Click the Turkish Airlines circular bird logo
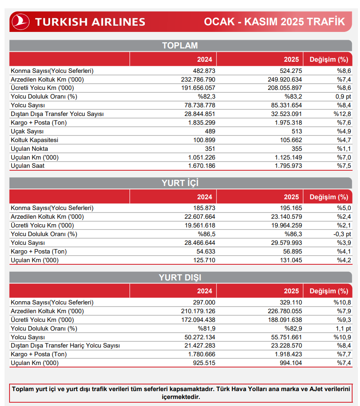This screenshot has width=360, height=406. [20, 21]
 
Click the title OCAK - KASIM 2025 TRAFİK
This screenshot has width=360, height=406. [274, 22]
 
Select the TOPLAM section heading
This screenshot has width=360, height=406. [180, 46]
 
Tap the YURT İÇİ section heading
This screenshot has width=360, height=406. [180, 183]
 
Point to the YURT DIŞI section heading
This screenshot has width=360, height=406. [180, 278]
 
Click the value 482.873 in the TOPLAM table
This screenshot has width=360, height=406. [204, 71]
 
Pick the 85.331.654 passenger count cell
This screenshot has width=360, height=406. [285, 105]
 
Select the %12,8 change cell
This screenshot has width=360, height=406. [342, 114]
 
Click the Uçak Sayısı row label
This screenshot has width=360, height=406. [28, 131]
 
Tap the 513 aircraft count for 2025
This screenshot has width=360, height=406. [296, 131]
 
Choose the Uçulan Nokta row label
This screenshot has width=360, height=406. [29, 149]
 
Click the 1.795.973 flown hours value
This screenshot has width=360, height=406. [287, 166]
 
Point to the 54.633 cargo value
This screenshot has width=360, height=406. [206, 251]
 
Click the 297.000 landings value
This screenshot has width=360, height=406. [204, 302]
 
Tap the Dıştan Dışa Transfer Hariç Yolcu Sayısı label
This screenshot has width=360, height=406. [65, 346]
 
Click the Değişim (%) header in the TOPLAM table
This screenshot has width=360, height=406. [329, 59]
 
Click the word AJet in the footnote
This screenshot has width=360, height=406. [308, 389]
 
